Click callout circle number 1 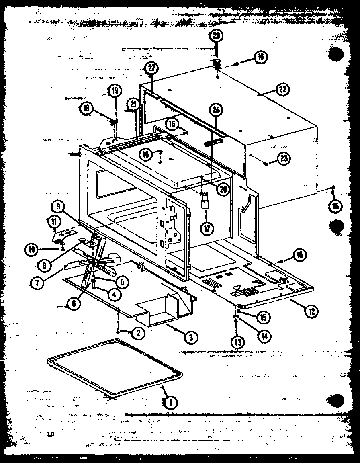[170, 401]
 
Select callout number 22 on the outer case [282, 89]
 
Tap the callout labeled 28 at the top [217, 36]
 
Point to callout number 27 [151, 68]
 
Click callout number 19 [115, 90]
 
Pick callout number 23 [284, 158]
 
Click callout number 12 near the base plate [311, 310]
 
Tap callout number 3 [191, 338]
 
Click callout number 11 [53, 221]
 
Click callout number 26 [216, 110]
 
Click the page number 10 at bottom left [50, 434]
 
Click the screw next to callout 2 [117, 330]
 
